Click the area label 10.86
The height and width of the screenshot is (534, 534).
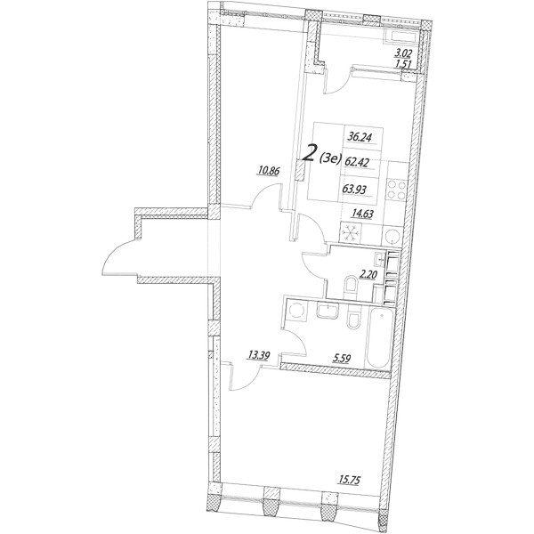tap(269, 170)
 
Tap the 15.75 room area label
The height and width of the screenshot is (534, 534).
tap(349, 481)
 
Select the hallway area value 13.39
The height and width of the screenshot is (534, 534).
tap(259, 356)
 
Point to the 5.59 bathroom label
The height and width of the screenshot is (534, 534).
tap(341, 359)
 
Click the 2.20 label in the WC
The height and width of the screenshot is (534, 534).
tap(368, 275)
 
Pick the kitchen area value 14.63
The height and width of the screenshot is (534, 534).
tap(363, 214)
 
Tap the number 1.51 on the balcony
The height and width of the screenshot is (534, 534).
tap(403, 64)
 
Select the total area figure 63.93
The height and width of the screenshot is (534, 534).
tap(354, 189)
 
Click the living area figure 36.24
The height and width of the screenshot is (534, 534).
tap(360, 137)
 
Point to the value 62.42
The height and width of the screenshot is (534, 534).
tap(357, 163)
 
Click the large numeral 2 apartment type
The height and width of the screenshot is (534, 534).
tap(310, 153)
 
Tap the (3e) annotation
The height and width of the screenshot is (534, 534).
tap(329, 158)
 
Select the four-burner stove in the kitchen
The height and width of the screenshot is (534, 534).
tap(397, 190)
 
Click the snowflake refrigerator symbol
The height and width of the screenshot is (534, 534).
tap(351, 232)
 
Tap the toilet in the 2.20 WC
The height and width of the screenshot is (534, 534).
tap(350, 286)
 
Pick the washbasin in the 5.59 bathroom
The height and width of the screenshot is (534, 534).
tap(328, 311)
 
